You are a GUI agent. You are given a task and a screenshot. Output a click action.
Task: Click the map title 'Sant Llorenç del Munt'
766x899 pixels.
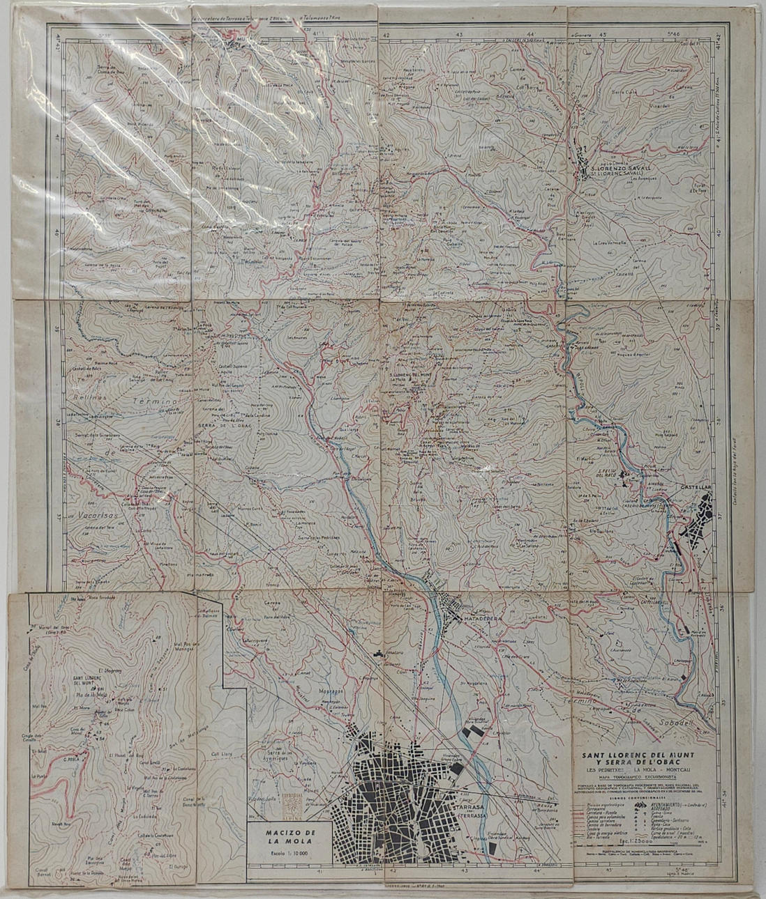(x=643, y=755)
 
